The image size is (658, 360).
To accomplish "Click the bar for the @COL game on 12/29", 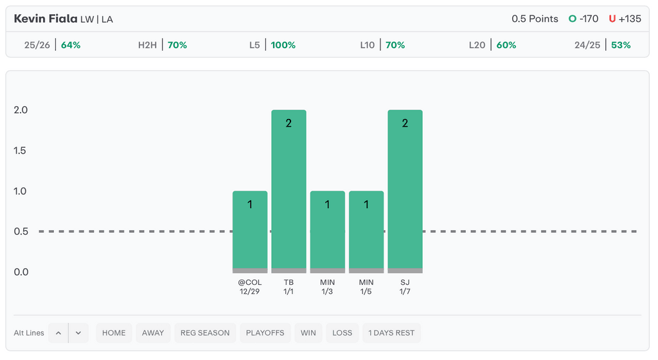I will click(x=250, y=231).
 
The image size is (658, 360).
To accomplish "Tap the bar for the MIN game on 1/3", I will click(x=327, y=231).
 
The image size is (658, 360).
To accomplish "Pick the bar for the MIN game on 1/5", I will click(x=366, y=231).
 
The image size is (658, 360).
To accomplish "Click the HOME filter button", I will click(x=114, y=333).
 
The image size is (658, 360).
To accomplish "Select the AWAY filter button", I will click(x=153, y=333).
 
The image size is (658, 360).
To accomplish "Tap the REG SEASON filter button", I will click(x=205, y=333).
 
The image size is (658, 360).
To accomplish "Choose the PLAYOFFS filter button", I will click(x=265, y=333).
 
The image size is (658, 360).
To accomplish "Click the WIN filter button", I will click(x=308, y=333).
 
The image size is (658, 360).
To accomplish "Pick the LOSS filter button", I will click(x=342, y=333).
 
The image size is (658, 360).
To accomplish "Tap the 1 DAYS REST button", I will click(x=391, y=333).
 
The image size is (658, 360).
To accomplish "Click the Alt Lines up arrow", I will click(x=58, y=333).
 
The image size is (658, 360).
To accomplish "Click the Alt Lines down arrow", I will click(x=78, y=333).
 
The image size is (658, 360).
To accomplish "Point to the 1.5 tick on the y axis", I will click(x=21, y=150).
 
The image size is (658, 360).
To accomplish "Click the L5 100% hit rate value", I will click(x=283, y=45).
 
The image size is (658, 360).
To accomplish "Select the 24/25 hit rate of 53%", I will click(x=621, y=45).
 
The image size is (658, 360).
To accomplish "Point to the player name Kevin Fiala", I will click(x=45, y=19).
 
